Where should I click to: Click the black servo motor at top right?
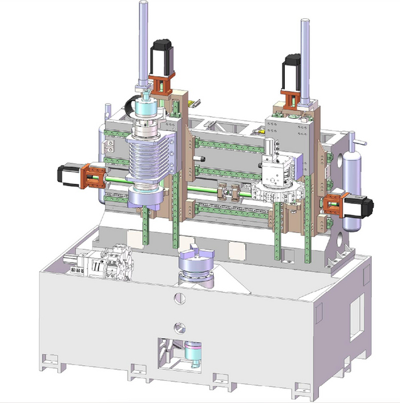294,69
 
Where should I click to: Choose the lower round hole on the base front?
181,327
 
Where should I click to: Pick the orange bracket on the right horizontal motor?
331,203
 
